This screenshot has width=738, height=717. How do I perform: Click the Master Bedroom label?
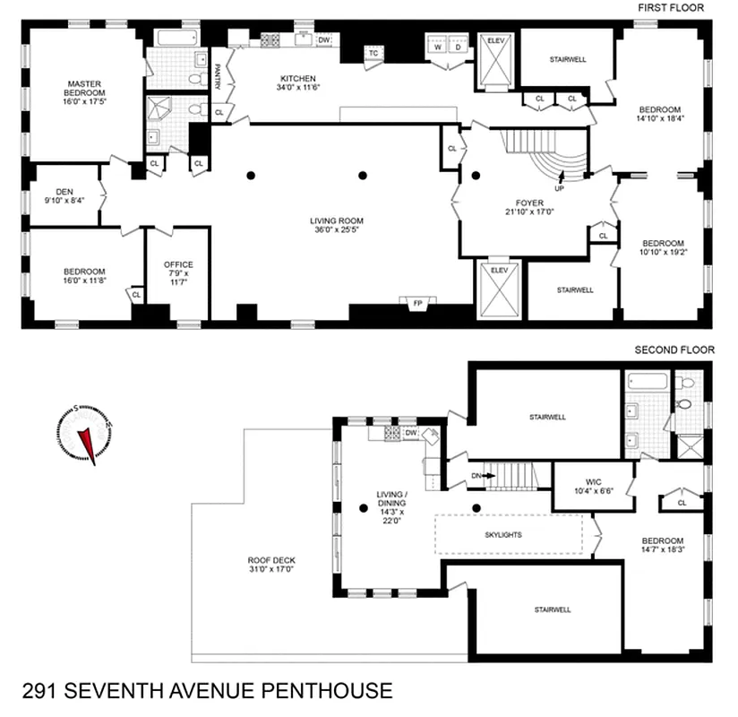click(87, 92)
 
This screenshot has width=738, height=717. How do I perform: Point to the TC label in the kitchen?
click(373, 53)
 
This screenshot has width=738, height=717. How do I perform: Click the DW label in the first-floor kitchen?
click(324, 39)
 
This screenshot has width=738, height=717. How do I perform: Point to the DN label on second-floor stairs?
click(476, 476)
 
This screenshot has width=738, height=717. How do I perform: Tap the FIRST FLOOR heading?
click(670, 8)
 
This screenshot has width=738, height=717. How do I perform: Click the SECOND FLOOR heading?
click(674, 350)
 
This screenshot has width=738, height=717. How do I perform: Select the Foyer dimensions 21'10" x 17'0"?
click(529, 212)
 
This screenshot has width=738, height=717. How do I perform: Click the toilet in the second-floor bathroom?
click(686, 400)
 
